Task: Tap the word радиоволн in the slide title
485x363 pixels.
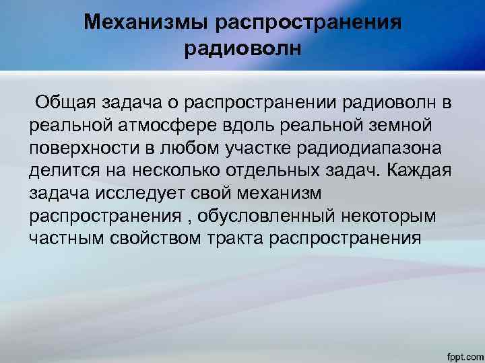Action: coord(242,48)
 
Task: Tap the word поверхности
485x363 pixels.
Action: coord(81,149)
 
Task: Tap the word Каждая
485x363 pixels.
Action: coord(422,171)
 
